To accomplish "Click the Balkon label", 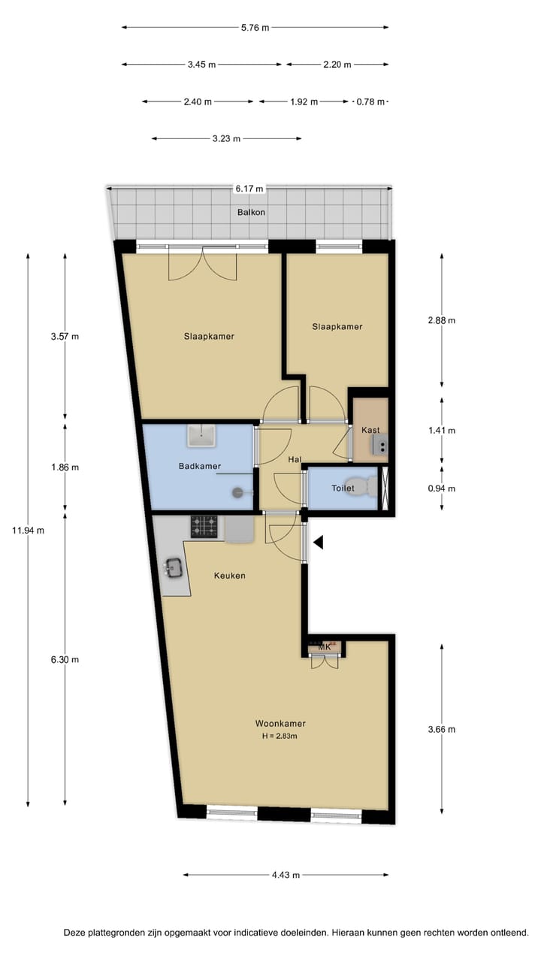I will (x=252, y=212).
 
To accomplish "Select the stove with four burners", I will (x=204, y=526).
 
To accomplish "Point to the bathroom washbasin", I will (x=202, y=434).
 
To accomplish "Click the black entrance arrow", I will (x=319, y=542).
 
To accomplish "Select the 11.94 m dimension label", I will (x=29, y=531).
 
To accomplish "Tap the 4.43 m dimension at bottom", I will (x=286, y=875).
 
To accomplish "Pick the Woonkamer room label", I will (x=280, y=724).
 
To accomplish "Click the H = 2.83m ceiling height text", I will (x=280, y=736).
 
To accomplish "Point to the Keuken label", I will (x=229, y=576).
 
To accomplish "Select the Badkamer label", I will (x=200, y=467).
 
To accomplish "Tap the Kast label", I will (x=370, y=431).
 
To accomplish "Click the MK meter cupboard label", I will (x=325, y=647).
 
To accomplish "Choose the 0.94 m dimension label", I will (x=441, y=489).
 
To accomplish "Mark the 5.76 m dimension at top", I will (x=255, y=28).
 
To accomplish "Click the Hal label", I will (x=295, y=458).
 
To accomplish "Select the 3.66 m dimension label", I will (x=441, y=729).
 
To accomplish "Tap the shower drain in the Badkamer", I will (x=238, y=492).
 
